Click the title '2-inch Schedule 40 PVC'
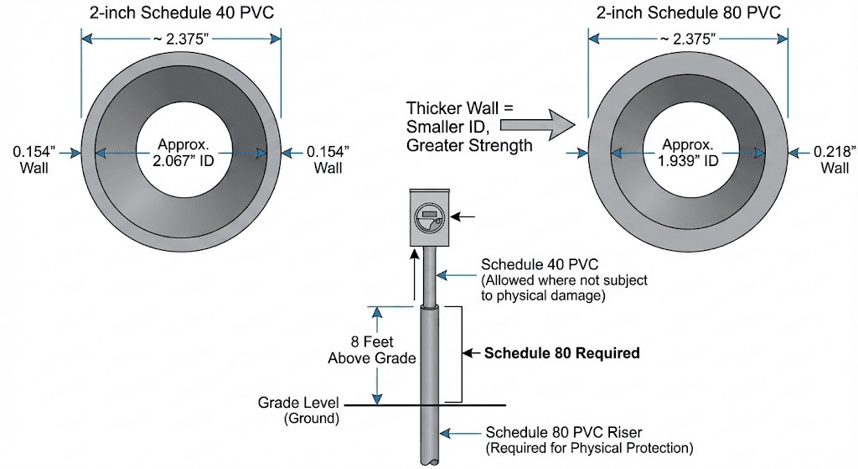pos(180,13)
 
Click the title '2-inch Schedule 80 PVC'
pos(688,13)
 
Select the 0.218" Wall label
pos(835,159)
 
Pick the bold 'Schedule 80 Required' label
pos(562,353)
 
